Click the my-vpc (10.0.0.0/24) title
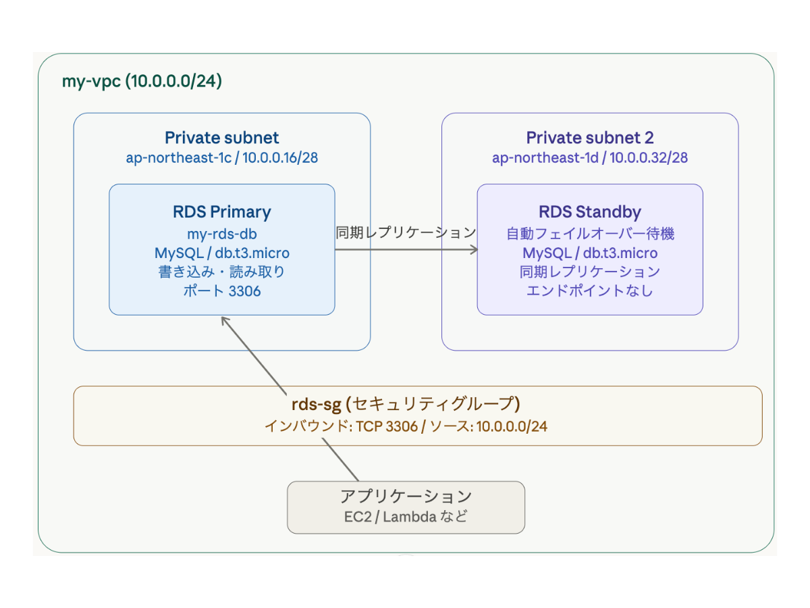(x=142, y=82)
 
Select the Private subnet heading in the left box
(x=221, y=138)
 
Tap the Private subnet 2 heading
(x=589, y=138)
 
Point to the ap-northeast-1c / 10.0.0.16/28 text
(x=221, y=158)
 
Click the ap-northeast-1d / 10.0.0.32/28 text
(x=589, y=158)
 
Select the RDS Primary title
(x=221, y=211)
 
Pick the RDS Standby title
(x=589, y=211)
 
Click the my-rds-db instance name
(x=221, y=234)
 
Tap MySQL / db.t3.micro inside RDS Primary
(x=221, y=253)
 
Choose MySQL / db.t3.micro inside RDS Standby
(x=589, y=253)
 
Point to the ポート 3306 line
(x=221, y=291)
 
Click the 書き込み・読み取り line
(x=221, y=272)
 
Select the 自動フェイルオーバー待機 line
(x=589, y=234)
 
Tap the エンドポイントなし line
(x=589, y=291)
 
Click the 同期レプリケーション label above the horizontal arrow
(x=406, y=233)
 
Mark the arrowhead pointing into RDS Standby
(x=473, y=249)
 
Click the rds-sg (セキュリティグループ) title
(x=405, y=404)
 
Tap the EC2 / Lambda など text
(x=406, y=517)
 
